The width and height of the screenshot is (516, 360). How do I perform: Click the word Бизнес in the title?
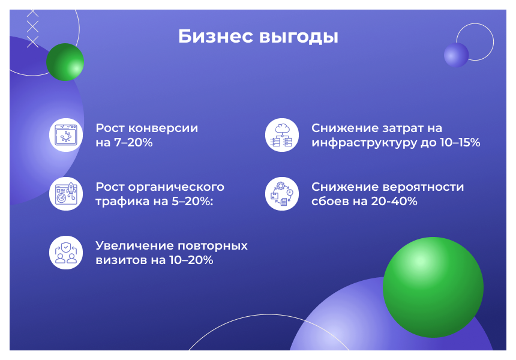click(216, 37)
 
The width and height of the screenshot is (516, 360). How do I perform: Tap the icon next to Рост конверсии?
click(65, 135)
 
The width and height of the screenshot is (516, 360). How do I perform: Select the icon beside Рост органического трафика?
click(65, 194)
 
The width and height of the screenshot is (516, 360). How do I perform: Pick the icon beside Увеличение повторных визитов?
click(65, 253)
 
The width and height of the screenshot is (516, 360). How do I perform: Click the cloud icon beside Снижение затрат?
click(281, 135)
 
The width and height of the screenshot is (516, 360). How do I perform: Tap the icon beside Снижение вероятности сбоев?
click(281, 194)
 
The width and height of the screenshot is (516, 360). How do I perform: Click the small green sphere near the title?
click(65, 62)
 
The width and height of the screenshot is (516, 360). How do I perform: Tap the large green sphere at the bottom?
click(433, 287)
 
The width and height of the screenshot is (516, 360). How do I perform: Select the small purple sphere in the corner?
click(456, 55)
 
